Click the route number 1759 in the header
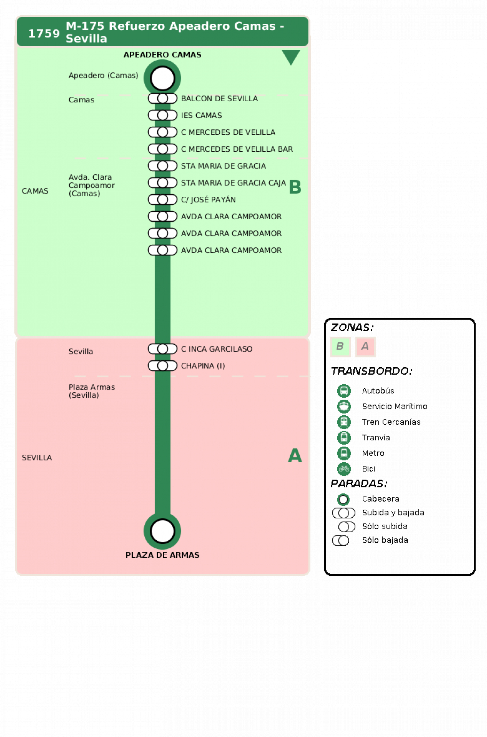(44, 33)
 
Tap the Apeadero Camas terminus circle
(162, 78)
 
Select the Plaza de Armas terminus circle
(162, 531)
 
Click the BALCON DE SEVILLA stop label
(219, 99)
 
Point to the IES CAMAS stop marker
(163, 115)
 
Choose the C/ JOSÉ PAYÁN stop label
(208, 199)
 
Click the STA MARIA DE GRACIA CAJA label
(233, 183)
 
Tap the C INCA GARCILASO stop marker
(163, 348)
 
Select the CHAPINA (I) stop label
(203, 366)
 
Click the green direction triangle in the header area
(291, 56)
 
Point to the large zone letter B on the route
(295, 187)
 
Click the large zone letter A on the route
(295, 455)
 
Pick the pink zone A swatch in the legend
(365, 346)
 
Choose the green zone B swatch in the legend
(340, 346)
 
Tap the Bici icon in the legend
(344, 469)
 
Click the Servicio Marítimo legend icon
(344, 406)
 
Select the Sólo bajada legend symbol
(341, 540)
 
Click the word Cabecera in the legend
(380, 499)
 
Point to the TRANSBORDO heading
(371, 371)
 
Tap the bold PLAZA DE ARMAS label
(162, 555)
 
